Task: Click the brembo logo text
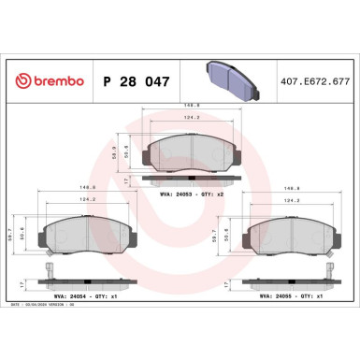pyautogui.click(x=45, y=80)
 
